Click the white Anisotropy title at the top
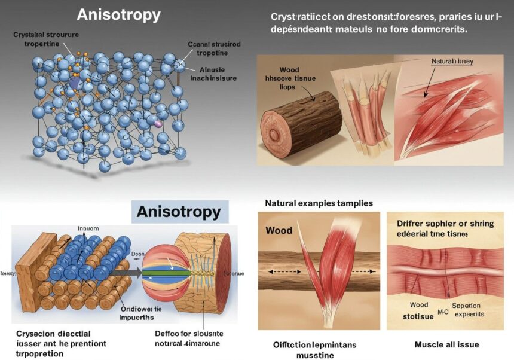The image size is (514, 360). click(x=119, y=15)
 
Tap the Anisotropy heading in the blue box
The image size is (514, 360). click(x=179, y=212)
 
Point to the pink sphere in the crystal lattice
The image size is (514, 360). click(x=158, y=123)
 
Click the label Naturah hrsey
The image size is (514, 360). click(x=452, y=62)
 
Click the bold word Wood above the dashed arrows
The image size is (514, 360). click(x=279, y=230)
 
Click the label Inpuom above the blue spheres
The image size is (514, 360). click(x=87, y=228)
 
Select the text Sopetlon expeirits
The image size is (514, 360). click(x=467, y=309)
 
